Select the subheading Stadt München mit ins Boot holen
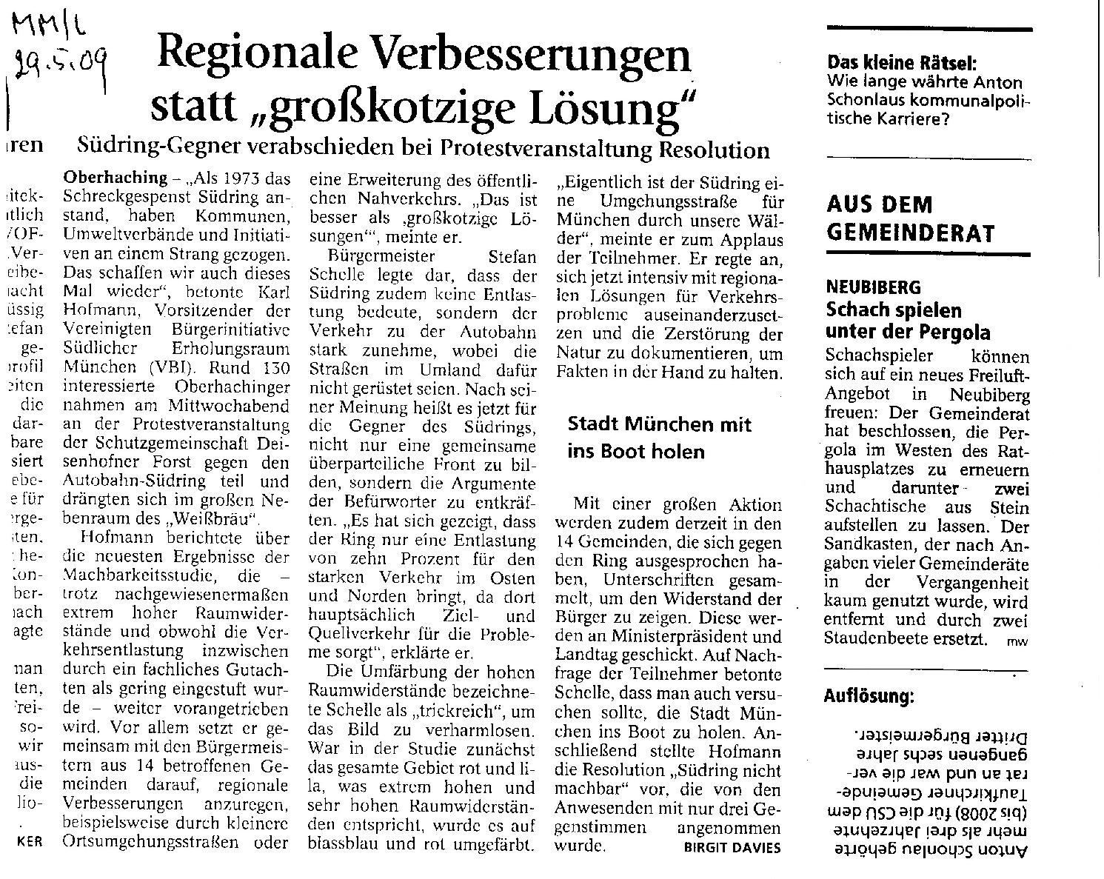(659, 438)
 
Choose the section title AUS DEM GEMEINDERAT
(909, 218)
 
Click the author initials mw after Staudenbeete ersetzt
(1017, 641)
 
